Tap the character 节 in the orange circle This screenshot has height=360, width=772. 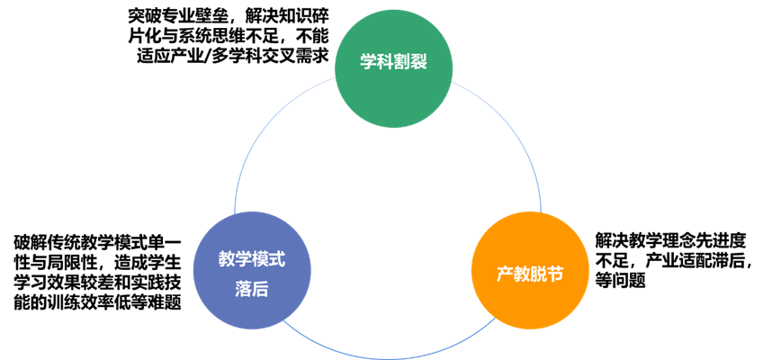click(559, 273)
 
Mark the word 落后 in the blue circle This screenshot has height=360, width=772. click(252, 288)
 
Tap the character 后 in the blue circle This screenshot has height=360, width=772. click(261, 288)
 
